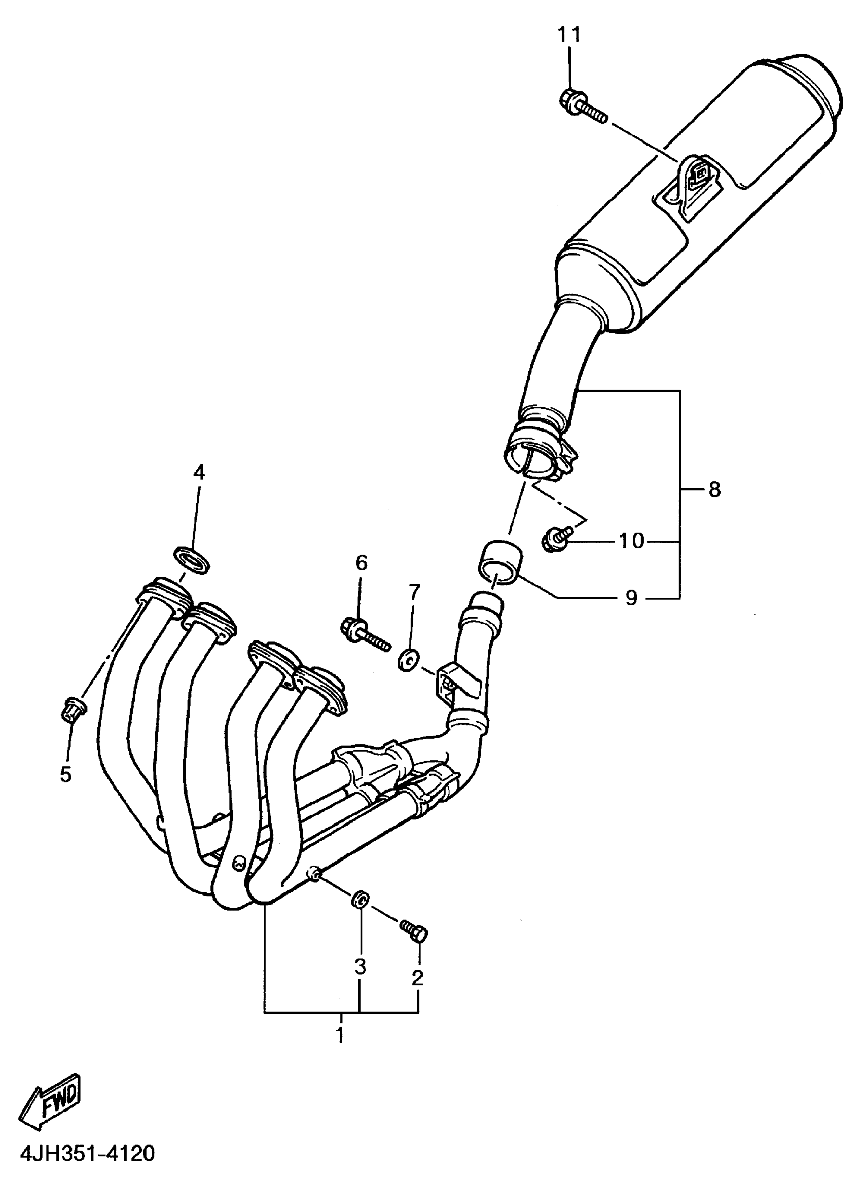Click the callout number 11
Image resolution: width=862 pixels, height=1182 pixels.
(568, 35)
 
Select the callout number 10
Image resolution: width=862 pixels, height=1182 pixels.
(632, 541)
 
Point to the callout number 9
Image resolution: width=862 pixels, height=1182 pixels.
(631, 597)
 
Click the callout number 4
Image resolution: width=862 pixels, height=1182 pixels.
(199, 472)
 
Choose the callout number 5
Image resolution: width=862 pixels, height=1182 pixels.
(66, 775)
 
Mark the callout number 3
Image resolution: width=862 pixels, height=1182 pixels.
(360, 967)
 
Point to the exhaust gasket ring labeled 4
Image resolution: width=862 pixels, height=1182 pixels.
(192, 559)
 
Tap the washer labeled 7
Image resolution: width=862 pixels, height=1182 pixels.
(408, 661)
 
